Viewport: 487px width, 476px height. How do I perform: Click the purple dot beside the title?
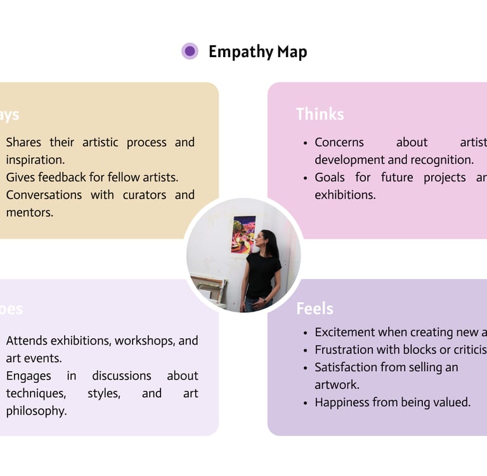point(190,51)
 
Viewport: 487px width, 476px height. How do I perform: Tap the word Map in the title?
point(292,52)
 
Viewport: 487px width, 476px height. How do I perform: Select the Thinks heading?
point(320,114)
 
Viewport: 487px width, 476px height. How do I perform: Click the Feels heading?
point(315,309)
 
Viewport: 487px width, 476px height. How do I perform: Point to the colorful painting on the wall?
point(243,234)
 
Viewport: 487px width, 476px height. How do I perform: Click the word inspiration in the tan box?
point(35,160)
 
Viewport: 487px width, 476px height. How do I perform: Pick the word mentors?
point(30,213)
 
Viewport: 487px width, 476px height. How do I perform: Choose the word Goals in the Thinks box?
point(330,177)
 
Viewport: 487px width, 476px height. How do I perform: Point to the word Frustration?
point(346,350)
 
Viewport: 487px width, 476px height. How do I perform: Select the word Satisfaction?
point(346,367)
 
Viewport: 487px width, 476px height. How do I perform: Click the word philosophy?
point(36,411)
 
